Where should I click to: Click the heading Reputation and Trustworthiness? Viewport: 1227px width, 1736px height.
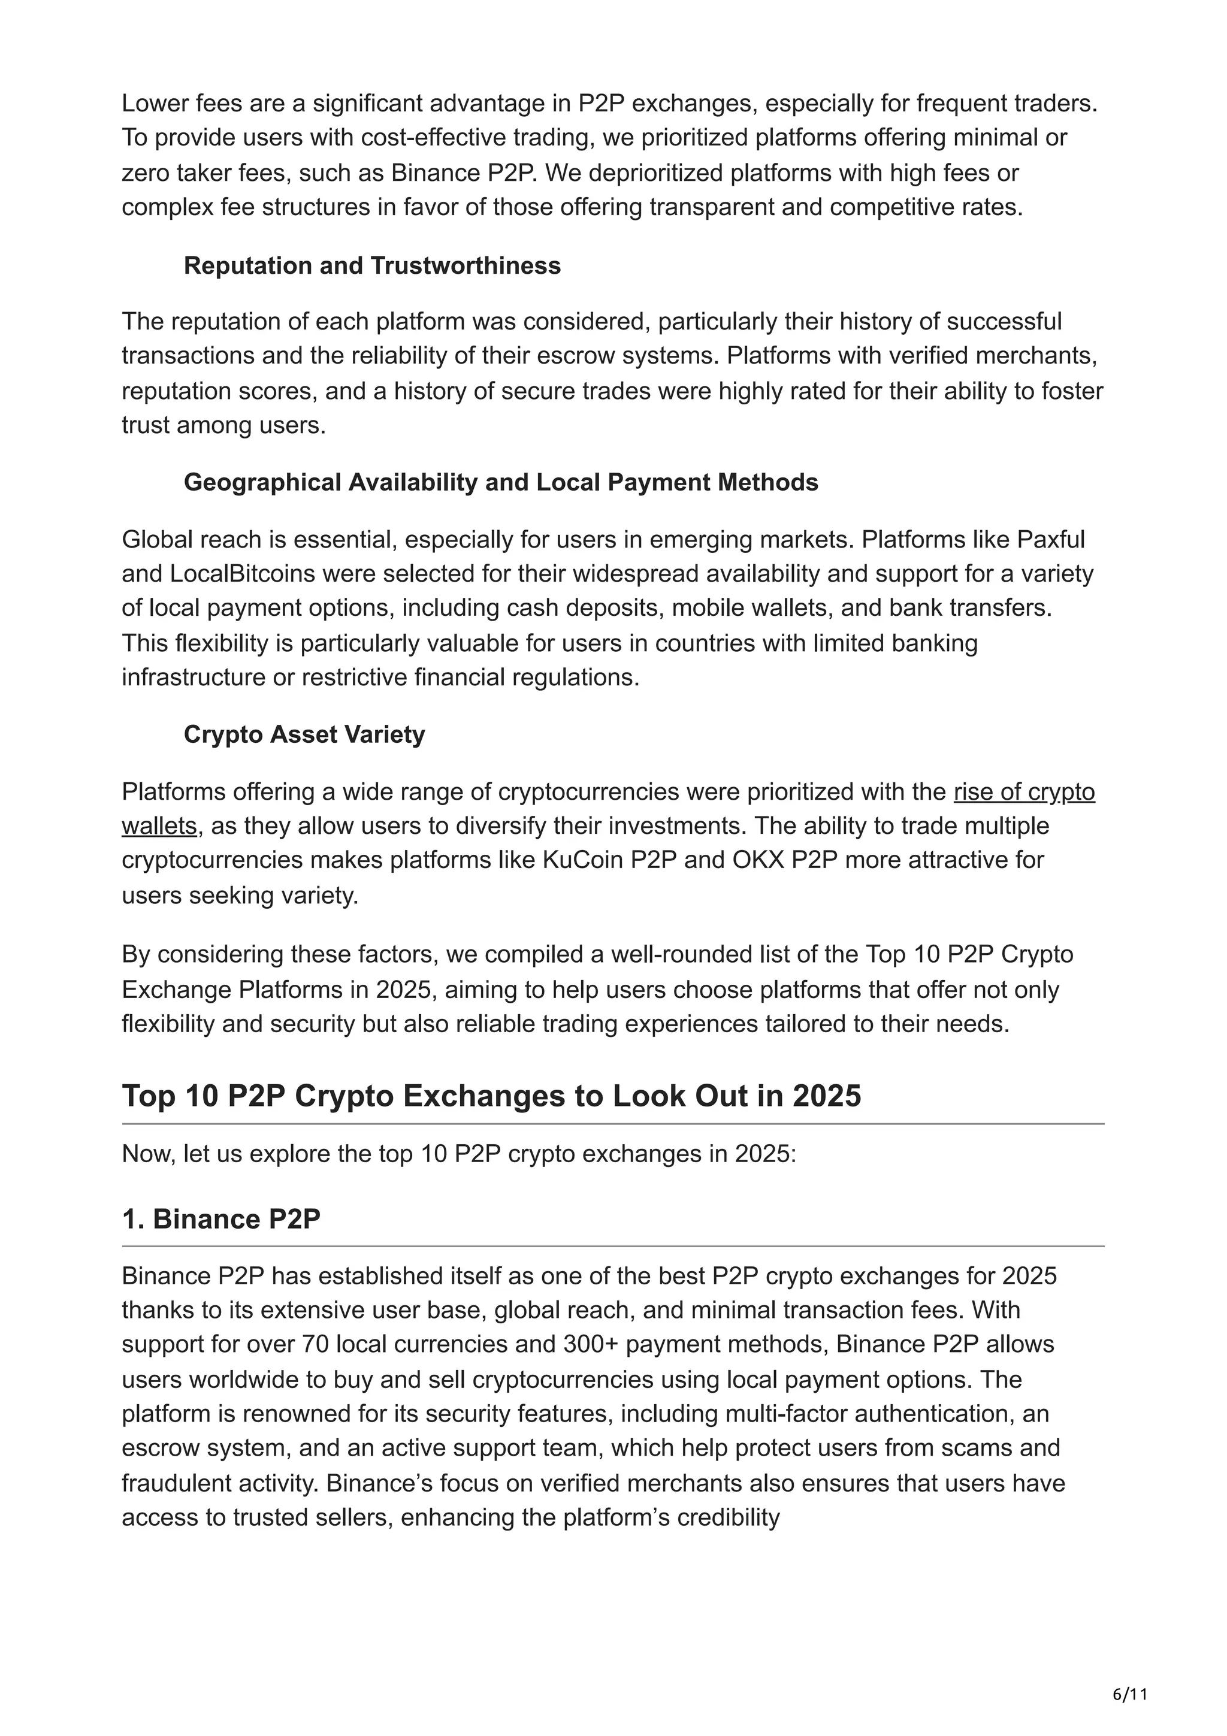372,265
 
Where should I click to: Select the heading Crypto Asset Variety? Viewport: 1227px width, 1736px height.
304,734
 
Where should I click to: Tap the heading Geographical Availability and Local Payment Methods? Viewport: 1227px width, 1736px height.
500,482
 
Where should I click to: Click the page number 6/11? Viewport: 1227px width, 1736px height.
1129,1673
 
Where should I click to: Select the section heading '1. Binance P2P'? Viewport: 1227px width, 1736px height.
222,1219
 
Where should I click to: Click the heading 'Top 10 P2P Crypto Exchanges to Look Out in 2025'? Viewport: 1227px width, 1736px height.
491,1096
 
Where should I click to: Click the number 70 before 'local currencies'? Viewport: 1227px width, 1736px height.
315,1344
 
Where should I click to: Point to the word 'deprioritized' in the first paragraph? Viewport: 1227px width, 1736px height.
658,173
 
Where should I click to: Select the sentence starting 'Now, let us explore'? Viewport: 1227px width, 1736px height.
459,1154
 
